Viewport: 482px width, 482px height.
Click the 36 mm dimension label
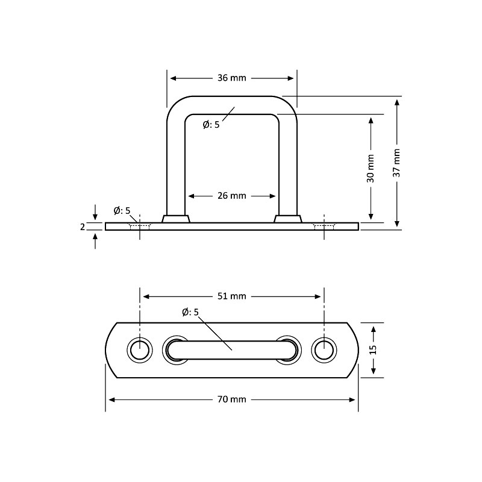(x=232, y=78)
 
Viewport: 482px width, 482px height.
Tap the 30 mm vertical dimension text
(x=371, y=168)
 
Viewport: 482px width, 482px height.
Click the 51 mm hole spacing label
(x=232, y=296)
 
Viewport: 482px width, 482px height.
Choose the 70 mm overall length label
(x=232, y=399)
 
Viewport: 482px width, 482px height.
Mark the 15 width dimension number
(x=373, y=349)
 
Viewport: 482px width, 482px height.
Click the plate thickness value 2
(x=83, y=227)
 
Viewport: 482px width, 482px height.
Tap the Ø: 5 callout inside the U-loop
(x=211, y=125)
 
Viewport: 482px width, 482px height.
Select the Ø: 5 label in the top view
(x=190, y=312)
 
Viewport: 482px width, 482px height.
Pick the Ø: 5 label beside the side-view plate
(x=122, y=210)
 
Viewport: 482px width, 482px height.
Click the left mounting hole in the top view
(x=140, y=349)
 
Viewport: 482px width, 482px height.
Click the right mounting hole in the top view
(x=324, y=349)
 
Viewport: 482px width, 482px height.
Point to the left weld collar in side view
(x=176, y=219)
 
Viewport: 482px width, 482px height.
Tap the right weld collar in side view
(x=287, y=219)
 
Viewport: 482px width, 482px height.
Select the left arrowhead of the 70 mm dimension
(x=110, y=399)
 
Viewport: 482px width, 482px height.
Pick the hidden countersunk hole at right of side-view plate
(x=324, y=227)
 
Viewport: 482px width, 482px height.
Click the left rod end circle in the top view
(x=175, y=349)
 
